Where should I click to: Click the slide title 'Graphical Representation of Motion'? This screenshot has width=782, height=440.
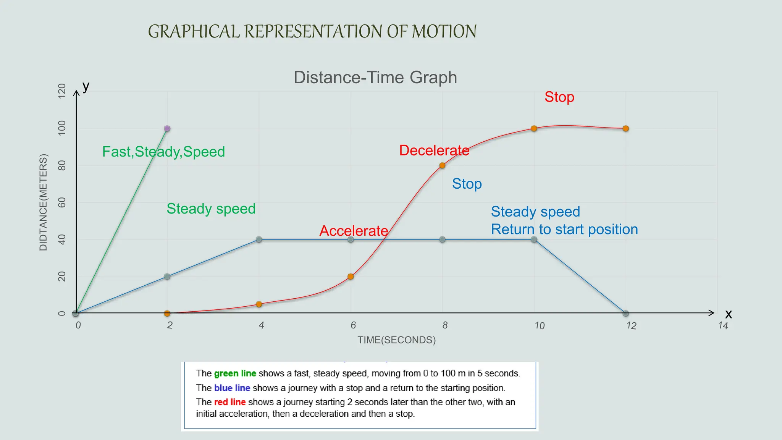[x=312, y=31]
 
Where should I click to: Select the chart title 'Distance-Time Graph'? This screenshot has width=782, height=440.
[x=375, y=78]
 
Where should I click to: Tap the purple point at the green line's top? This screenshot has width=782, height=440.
[x=167, y=128]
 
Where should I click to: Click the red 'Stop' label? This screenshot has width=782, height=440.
[x=559, y=97]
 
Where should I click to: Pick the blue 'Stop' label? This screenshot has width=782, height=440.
[x=467, y=184]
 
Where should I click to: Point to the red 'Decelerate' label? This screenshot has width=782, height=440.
[x=434, y=150]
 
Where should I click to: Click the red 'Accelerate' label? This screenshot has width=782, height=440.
[x=354, y=231]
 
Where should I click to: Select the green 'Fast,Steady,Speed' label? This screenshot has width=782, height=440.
[x=163, y=152]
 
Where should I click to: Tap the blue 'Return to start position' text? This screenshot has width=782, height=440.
[x=564, y=229]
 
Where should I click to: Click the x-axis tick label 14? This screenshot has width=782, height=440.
[x=723, y=325]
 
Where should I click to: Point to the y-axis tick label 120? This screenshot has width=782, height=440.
[x=61, y=91]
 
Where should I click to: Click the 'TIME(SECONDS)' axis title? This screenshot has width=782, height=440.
[x=396, y=340]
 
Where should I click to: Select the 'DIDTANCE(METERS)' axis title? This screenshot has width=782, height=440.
[x=44, y=202]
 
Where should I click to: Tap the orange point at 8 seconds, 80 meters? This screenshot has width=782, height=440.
[x=442, y=165]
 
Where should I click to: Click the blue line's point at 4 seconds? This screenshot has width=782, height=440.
[x=259, y=239]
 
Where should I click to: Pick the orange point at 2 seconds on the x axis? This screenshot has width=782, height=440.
[x=167, y=313]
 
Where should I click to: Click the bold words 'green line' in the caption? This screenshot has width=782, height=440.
[x=235, y=374]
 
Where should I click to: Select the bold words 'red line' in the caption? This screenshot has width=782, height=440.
[x=229, y=402]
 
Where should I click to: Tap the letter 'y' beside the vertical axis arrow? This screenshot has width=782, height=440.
[x=86, y=86]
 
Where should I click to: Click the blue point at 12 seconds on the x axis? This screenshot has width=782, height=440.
[x=625, y=313]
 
